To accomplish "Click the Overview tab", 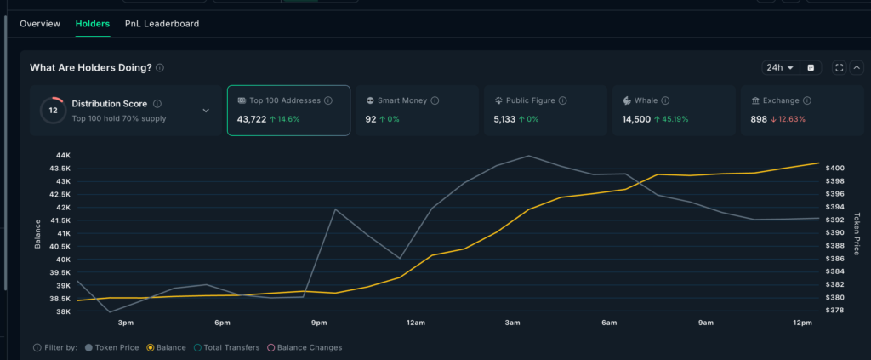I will click(x=40, y=24).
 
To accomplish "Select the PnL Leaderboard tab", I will click(x=162, y=24).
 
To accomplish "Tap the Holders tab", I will click(x=92, y=24).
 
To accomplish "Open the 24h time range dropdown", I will click(x=780, y=67).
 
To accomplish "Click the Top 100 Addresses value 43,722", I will click(x=251, y=119).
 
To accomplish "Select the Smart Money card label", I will click(x=402, y=100).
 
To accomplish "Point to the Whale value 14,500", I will click(x=636, y=119).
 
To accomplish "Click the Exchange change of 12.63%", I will click(x=787, y=119).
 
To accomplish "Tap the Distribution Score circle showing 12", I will click(x=53, y=110).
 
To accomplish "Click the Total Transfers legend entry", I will click(x=225, y=347).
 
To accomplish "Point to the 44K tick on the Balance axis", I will click(x=63, y=156).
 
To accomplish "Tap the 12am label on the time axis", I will click(x=416, y=323).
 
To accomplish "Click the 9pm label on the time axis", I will click(x=319, y=323).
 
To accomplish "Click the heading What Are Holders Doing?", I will click(x=91, y=67).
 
